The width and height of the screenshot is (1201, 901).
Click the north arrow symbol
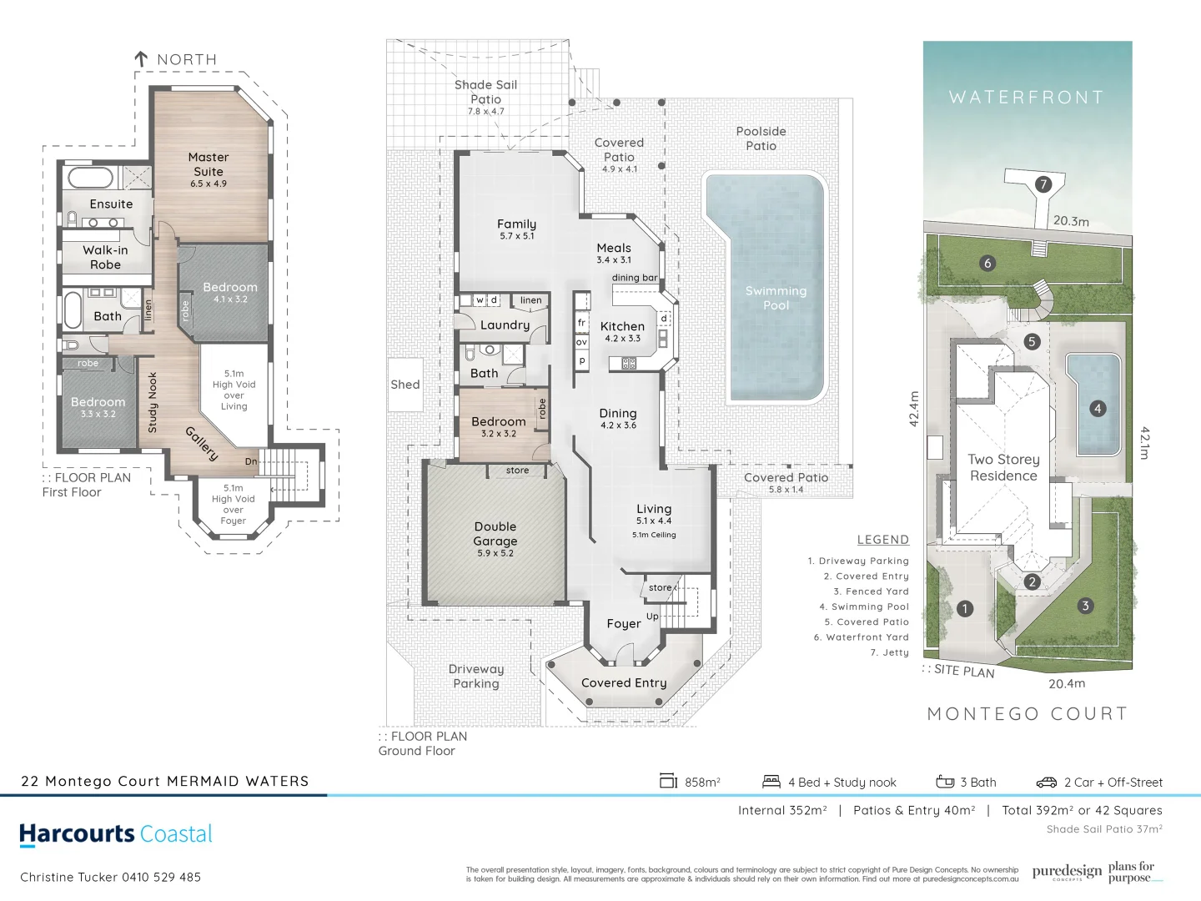[141, 59]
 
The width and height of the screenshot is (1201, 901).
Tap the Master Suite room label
[209, 164]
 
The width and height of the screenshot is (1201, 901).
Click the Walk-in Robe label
[105, 257]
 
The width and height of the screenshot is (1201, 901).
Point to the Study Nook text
[153, 403]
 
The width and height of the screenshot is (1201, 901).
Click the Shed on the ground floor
[405, 385]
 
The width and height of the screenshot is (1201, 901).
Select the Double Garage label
[495, 534]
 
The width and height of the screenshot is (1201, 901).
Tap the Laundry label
[505, 325]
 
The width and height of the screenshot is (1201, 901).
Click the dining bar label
[635, 278]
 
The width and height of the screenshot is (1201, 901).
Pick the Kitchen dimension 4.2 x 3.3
[623, 339]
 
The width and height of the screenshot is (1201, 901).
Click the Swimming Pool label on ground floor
[776, 298]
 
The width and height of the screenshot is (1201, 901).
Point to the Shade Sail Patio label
[485, 92]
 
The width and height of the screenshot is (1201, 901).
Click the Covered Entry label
[624, 682]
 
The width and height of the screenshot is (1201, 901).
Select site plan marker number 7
[1043, 184]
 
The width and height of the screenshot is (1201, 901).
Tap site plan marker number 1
[965, 608]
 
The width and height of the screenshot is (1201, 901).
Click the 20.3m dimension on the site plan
[1071, 221]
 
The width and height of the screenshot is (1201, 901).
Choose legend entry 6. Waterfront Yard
[862, 637]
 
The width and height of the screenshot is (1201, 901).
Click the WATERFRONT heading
[1027, 98]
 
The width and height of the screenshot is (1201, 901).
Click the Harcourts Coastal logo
[116, 834]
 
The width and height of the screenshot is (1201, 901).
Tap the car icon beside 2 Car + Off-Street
[1047, 783]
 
